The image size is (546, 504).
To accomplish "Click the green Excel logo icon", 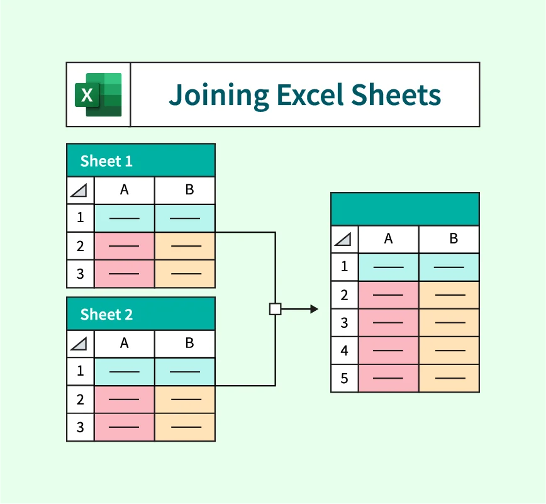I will (x=99, y=94).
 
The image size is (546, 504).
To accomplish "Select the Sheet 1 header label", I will (x=106, y=161).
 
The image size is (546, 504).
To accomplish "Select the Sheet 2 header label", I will (x=106, y=315).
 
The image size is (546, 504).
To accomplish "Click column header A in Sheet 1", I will (x=124, y=190).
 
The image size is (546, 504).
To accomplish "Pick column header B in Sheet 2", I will (x=184, y=344).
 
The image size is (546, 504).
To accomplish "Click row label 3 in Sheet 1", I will (x=81, y=274).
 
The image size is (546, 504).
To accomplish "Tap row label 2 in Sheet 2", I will (x=81, y=400).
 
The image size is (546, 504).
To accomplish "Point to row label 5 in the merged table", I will (x=345, y=379).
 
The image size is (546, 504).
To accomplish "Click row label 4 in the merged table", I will (x=345, y=350).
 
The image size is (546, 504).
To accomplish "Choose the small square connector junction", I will (x=275, y=309).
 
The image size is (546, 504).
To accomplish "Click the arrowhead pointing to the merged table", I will (x=314, y=309).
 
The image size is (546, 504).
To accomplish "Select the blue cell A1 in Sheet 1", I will (x=124, y=218).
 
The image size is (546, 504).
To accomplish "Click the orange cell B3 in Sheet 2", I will (x=184, y=427).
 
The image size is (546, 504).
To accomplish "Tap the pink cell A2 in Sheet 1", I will (x=124, y=246).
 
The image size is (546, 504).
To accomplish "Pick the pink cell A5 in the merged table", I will (x=388, y=379).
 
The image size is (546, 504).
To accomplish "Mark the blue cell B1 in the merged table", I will (x=448, y=267).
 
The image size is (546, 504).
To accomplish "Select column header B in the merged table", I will (x=448, y=239).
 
